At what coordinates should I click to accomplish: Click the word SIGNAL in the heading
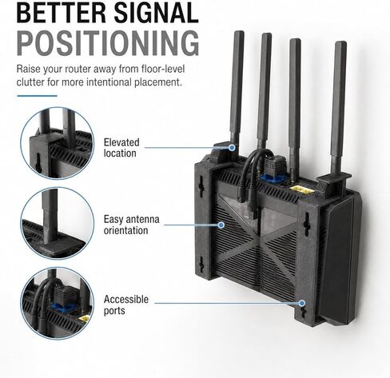pyautogui.click(x=157, y=13)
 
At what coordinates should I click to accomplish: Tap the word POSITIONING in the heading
pyautogui.click(x=108, y=43)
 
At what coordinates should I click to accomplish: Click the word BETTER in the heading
pyautogui.click(x=62, y=13)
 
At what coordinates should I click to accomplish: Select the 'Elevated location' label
pyautogui.click(x=121, y=148)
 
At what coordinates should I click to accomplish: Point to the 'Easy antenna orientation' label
pyautogui.click(x=132, y=225)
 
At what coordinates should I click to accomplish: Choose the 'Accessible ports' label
pyautogui.click(x=126, y=304)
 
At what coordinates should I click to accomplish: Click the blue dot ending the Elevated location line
pyautogui.click(x=232, y=147)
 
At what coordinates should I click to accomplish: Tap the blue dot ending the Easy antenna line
pyautogui.click(x=221, y=225)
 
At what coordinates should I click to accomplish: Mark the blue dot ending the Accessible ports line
pyautogui.click(x=302, y=303)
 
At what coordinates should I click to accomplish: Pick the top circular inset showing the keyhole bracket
pyautogui.click(x=58, y=143)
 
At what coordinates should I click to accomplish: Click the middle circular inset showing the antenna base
pyautogui.click(x=58, y=223)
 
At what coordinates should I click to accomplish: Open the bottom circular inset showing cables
pyautogui.click(x=58, y=304)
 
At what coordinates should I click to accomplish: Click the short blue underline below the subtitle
pyautogui.click(x=37, y=96)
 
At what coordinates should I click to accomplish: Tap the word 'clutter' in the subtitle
pyautogui.click(x=30, y=82)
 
